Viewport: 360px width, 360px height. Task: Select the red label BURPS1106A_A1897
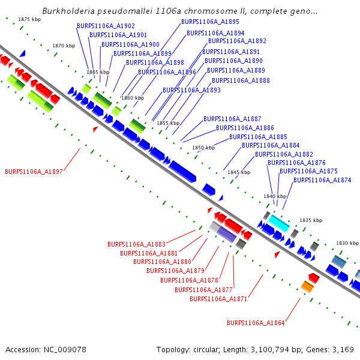pyautogui.click(x=34, y=172)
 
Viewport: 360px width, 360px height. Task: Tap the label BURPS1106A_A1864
pyautogui.click(x=256, y=323)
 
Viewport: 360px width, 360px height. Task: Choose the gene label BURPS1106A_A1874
pyautogui.click(x=322, y=180)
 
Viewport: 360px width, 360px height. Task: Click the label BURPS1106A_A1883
pyautogui.click(x=136, y=244)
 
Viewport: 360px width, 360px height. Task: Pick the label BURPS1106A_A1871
pyautogui.click(x=218, y=298)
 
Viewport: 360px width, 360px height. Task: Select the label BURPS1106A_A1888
pyautogui.click(x=241, y=80)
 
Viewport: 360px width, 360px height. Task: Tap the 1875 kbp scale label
pyautogui.click(x=29, y=20)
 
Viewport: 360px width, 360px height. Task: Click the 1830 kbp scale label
pyautogui.click(x=346, y=243)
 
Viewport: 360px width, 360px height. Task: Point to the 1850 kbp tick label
pyautogui.click(x=202, y=148)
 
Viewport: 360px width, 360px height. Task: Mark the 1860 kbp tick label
pyautogui.click(x=133, y=98)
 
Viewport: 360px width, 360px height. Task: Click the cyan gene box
pyautogui.click(x=278, y=222)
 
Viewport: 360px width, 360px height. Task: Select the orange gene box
pyautogui.click(x=307, y=287)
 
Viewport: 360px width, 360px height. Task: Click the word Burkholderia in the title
pyautogui.click(x=70, y=11)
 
